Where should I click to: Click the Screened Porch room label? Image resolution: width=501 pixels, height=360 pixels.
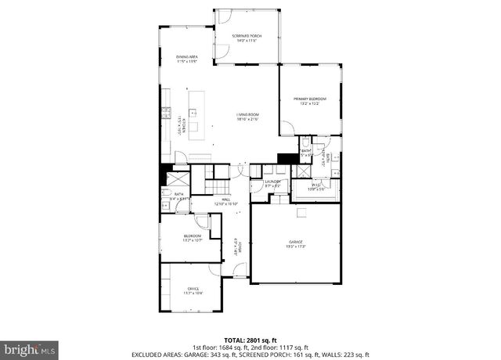tap(247, 37)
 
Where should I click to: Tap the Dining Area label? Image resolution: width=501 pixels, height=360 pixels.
tap(186, 58)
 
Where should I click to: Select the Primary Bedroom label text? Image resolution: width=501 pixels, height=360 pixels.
tap(310, 99)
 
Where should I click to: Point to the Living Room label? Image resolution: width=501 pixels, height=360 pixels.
tap(247, 116)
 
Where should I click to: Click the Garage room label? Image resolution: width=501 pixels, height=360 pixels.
tap(294, 243)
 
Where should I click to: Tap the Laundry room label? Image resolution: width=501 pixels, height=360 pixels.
tap(272, 182)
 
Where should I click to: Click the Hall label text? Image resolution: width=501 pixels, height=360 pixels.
tap(225, 200)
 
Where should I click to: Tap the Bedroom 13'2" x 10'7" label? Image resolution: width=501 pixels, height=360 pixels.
tap(193, 237)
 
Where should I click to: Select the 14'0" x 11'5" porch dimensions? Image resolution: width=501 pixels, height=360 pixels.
tap(247, 41)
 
